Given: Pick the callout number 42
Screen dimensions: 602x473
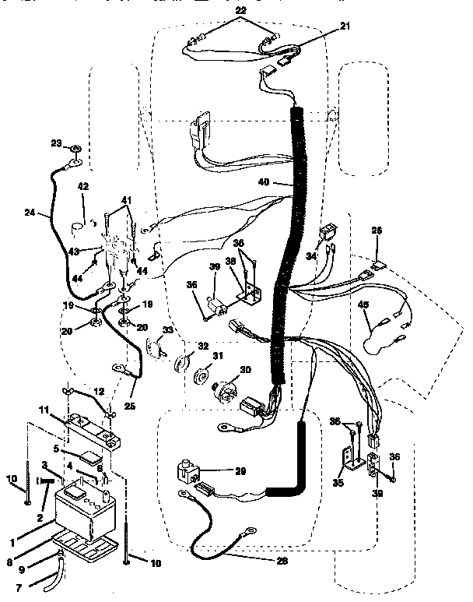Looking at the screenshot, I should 83,187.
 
